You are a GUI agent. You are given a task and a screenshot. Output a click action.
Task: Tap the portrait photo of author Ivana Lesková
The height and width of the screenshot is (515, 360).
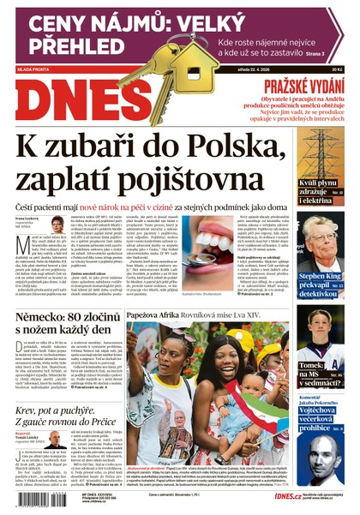(x=57, y=224)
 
